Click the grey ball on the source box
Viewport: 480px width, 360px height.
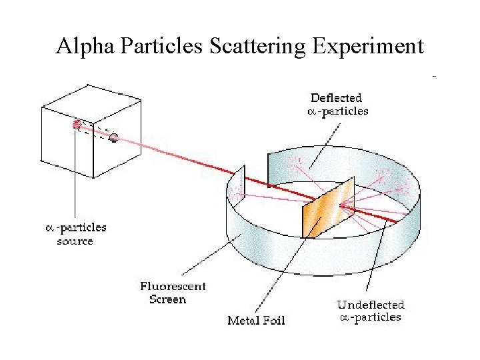coord(114,138)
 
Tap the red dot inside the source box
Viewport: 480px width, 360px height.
coord(77,124)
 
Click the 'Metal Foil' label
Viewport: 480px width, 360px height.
coord(256,321)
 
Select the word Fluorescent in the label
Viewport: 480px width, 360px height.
coord(173,287)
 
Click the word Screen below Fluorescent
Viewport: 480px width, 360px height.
coord(167,299)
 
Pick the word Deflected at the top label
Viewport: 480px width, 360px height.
coord(337,98)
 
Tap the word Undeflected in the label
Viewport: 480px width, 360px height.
coord(370,305)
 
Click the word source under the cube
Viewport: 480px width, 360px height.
coord(75,241)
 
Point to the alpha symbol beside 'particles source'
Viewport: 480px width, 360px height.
coord(49,228)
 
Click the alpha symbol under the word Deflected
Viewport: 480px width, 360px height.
coord(311,111)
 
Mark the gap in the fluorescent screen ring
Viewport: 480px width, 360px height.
coord(255,172)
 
